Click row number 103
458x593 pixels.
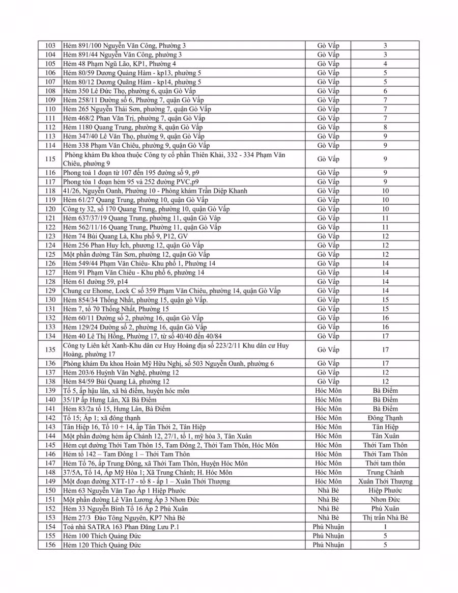coord(50,46)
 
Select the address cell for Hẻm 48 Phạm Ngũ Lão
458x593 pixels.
coord(120,64)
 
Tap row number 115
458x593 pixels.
coord(50,159)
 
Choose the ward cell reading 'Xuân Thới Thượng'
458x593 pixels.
coord(385,481)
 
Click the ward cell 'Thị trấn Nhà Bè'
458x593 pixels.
coord(385,518)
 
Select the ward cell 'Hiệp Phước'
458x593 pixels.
coord(385,491)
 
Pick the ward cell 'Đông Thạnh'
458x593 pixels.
coord(385,418)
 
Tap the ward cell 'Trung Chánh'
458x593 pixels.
coord(385,472)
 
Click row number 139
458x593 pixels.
coord(50,391)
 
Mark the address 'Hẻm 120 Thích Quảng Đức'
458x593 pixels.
coord(102,545)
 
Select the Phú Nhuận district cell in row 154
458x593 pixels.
coord(328,527)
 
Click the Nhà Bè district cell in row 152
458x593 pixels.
coord(328,508)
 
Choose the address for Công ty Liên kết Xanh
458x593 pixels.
coord(176,349)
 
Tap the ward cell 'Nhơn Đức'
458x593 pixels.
coord(385,500)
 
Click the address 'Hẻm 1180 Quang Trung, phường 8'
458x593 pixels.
coord(133,127)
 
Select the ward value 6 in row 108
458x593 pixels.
coord(385,91)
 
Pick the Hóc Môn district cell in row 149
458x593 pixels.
coord(328,481)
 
